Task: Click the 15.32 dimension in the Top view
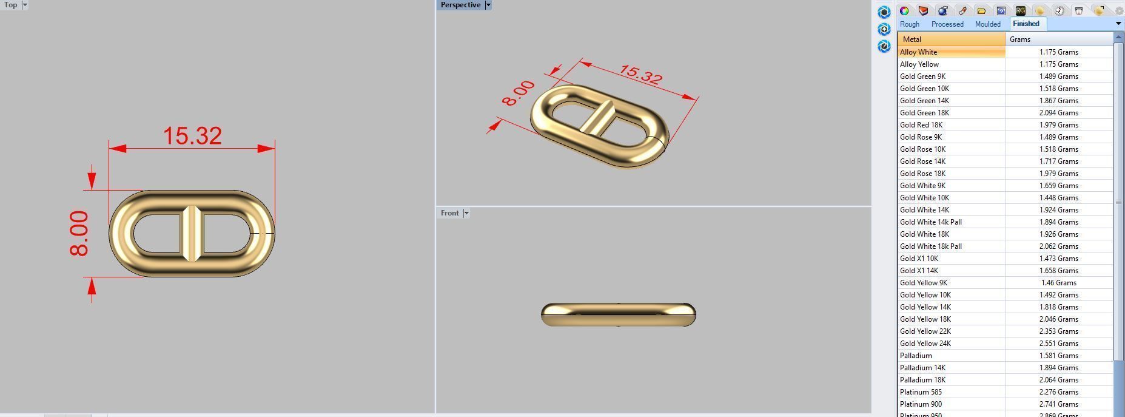(192, 136)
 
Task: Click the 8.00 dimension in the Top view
(79, 234)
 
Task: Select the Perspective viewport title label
(460, 5)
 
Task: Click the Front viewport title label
(449, 213)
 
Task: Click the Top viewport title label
(11, 5)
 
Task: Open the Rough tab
(909, 24)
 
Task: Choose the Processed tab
(947, 24)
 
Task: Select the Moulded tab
(987, 24)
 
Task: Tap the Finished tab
(1026, 24)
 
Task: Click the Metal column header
(912, 39)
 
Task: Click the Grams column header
(1020, 39)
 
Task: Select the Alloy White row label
(918, 52)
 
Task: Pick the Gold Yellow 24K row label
(925, 344)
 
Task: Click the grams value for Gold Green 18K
(1058, 113)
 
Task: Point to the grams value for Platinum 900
(1058, 404)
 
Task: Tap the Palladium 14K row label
(922, 368)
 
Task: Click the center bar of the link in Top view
(192, 234)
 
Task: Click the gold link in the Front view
(618, 314)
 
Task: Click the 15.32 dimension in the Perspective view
(640, 75)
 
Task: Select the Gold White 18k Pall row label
(930, 246)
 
